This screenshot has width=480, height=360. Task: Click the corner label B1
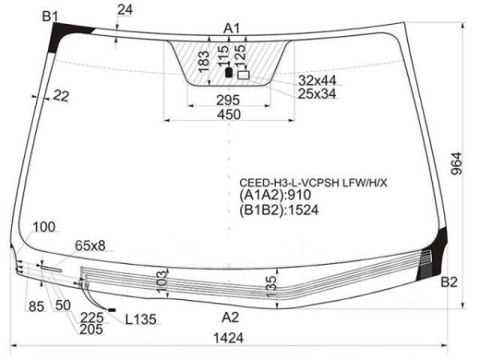pyautogui.click(x=50, y=17)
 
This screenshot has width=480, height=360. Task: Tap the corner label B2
pyautogui.click(x=449, y=282)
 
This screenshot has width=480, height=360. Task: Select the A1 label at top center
pyautogui.click(x=231, y=29)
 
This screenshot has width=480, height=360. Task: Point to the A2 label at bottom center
pyautogui.click(x=230, y=318)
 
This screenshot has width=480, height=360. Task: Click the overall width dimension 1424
pyautogui.click(x=228, y=338)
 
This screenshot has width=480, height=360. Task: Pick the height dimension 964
pyautogui.click(x=456, y=163)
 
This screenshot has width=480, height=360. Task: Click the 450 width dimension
pyautogui.click(x=229, y=114)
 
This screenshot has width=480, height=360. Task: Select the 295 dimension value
pyautogui.click(x=228, y=100)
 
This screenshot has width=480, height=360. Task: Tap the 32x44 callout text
pyautogui.click(x=317, y=81)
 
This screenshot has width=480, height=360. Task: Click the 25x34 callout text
pyautogui.click(x=317, y=94)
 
